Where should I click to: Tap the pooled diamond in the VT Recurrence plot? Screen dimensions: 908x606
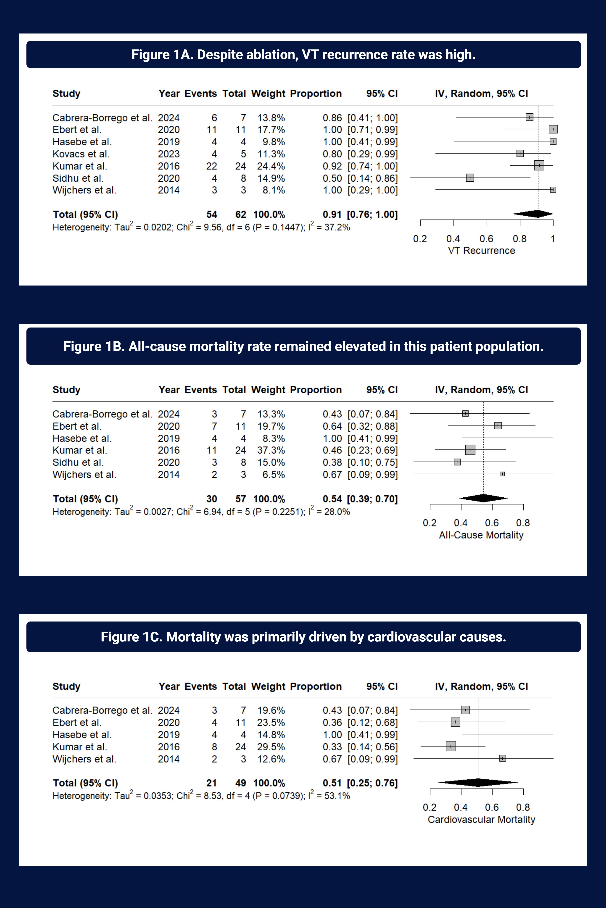[533, 214]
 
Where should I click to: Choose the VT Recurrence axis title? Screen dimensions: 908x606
[481, 251]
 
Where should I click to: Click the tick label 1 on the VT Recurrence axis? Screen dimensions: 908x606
[553, 239]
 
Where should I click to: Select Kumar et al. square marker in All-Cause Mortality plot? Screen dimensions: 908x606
[470, 450]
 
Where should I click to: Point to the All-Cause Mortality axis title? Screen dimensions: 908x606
[481, 535]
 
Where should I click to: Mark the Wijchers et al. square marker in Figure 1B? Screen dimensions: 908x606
[502, 474]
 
